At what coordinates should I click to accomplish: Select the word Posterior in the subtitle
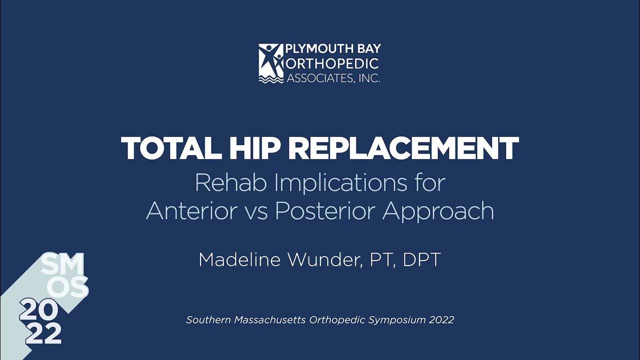tap(325, 211)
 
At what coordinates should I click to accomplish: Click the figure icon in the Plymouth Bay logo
tap(271, 63)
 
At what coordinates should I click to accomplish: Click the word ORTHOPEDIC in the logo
tap(332, 63)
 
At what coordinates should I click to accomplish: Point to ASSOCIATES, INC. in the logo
tap(333, 77)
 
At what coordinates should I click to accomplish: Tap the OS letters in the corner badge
tap(70, 287)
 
